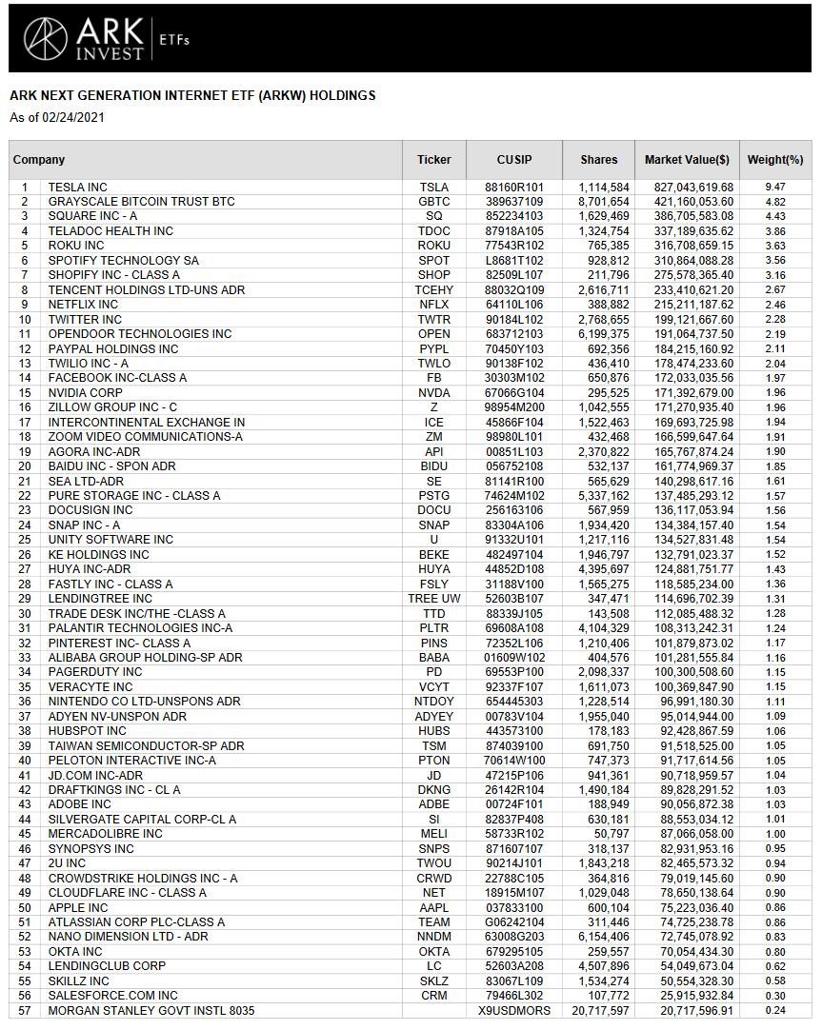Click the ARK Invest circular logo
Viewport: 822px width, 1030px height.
pos(45,38)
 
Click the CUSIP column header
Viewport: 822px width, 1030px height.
pos(514,160)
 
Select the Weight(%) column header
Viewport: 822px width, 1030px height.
pos(774,160)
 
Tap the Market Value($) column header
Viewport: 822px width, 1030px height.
pos(687,160)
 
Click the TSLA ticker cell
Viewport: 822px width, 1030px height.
pos(433,188)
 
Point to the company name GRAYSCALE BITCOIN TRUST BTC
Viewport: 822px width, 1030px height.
pos(141,202)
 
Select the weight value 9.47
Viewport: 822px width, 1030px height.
pos(774,188)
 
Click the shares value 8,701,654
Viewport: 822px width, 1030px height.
pos(603,202)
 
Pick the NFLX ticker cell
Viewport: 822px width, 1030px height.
pos(433,305)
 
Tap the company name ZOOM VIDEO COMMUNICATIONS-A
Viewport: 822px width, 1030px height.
pos(145,437)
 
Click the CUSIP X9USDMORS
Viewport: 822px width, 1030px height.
pos(514,1011)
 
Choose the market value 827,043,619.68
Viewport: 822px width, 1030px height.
pos(687,188)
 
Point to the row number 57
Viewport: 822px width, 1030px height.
pos(25,1011)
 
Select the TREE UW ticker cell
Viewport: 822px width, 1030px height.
pos(433,599)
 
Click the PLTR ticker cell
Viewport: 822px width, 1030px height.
pos(433,628)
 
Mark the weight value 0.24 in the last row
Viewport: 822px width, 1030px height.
pos(774,1011)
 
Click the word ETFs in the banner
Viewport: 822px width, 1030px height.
pos(174,40)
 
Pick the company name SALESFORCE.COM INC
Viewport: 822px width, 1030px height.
pos(112,996)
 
